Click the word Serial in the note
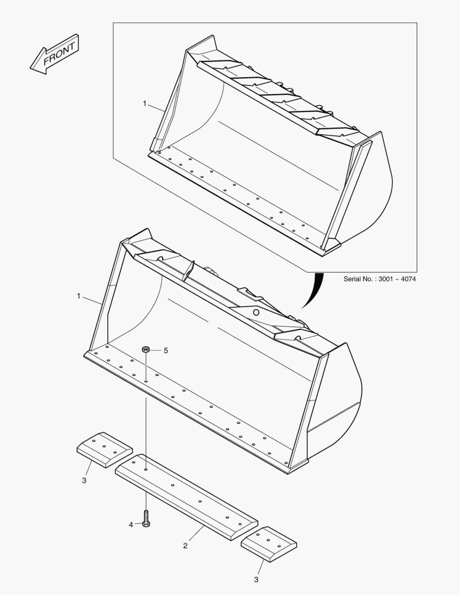coord(354,279)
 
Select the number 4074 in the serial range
coord(408,279)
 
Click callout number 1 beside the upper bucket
coord(144,103)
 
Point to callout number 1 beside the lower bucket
coord(79,296)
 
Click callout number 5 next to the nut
coord(165,350)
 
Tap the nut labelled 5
coord(146,349)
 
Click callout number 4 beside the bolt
coord(131,524)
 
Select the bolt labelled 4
coord(146,518)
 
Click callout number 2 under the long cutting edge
coord(185,545)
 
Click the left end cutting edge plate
coord(104,450)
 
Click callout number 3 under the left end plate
coord(84,481)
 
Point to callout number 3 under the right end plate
coord(256,579)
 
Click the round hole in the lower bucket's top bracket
coord(256,312)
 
